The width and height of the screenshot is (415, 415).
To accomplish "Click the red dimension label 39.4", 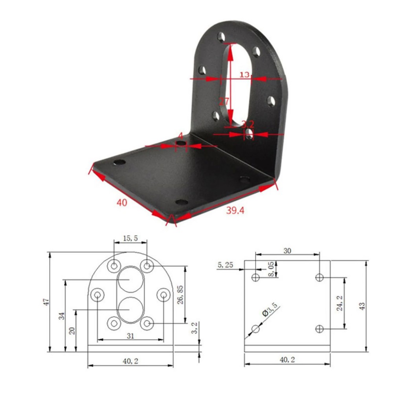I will (x=235, y=211).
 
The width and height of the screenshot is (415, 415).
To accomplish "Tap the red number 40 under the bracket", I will (x=122, y=203).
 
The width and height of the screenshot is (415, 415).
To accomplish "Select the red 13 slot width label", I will (x=244, y=74).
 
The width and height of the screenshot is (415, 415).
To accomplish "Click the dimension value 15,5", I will (x=130, y=238).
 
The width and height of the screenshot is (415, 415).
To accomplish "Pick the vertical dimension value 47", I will (x=46, y=302).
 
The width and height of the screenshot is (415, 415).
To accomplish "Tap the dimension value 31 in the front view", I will (x=130, y=335).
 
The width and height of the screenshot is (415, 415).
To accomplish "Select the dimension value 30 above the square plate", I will (x=287, y=250).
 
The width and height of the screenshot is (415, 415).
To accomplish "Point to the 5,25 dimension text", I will (x=225, y=265).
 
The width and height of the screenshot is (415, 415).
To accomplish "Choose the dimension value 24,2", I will (x=340, y=303).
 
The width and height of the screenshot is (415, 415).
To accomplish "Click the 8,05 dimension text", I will (x=271, y=269).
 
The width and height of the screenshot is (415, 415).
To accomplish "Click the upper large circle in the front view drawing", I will (x=130, y=279).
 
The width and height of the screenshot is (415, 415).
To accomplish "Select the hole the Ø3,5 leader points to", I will (x=256, y=329).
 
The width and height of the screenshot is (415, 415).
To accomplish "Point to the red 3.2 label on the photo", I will (x=248, y=125).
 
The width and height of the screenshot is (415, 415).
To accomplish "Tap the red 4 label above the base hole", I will (x=180, y=136).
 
